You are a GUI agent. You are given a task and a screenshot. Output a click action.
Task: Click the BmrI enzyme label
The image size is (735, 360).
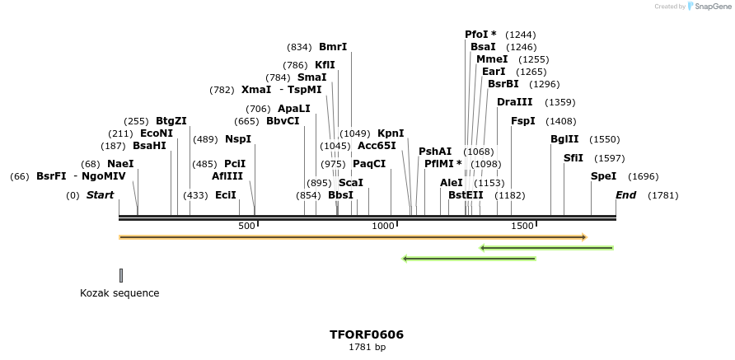tap(333, 47)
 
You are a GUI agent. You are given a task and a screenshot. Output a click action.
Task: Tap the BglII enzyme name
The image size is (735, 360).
tap(564, 139)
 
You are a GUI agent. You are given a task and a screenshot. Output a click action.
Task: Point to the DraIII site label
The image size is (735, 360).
tap(514, 102)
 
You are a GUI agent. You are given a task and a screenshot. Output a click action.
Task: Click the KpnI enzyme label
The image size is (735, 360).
tap(391, 133)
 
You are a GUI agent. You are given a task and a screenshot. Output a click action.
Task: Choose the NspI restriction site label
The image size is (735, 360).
tap(238, 139)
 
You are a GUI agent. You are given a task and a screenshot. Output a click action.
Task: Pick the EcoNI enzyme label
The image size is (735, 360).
tap(157, 133)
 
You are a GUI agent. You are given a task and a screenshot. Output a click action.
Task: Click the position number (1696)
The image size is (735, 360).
tap(643, 176)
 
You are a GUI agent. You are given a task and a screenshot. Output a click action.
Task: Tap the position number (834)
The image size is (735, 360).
tap(299, 47)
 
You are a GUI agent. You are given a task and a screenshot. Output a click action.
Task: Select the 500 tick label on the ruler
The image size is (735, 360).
tap(246, 226)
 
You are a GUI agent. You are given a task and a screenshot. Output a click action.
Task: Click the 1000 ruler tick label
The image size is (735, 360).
tap(383, 226)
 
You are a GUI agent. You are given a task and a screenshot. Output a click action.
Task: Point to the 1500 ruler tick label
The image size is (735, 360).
tap(522, 226)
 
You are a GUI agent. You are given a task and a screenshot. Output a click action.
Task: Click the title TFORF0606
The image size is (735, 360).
tap(367, 334)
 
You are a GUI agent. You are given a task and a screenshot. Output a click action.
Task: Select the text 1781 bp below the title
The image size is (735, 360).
tap(367, 348)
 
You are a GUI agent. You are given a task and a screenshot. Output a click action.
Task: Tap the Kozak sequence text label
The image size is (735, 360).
tap(119, 292)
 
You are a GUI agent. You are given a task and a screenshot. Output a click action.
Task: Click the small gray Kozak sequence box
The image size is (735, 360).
tap(121, 275)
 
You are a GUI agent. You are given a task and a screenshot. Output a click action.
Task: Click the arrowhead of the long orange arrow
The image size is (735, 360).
tap(583, 237)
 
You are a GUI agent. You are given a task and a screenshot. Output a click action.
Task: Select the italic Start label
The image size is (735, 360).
tap(100, 195)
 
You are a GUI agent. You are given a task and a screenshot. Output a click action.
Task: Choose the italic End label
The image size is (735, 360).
tap(625, 195)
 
